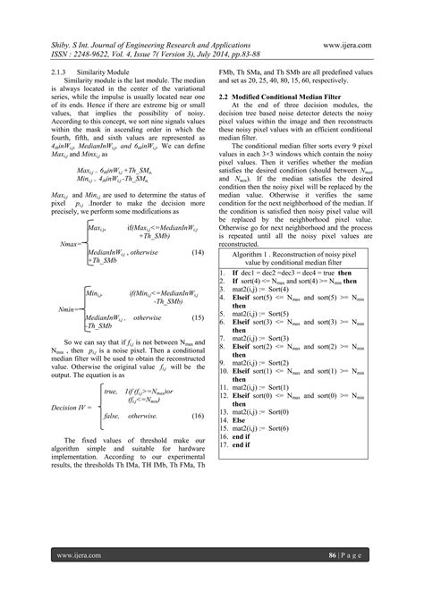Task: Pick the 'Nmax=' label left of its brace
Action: (68, 243)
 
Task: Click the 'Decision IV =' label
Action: (73, 407)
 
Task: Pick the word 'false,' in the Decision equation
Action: (114, 416)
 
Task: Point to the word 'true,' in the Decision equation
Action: (110, 392)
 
